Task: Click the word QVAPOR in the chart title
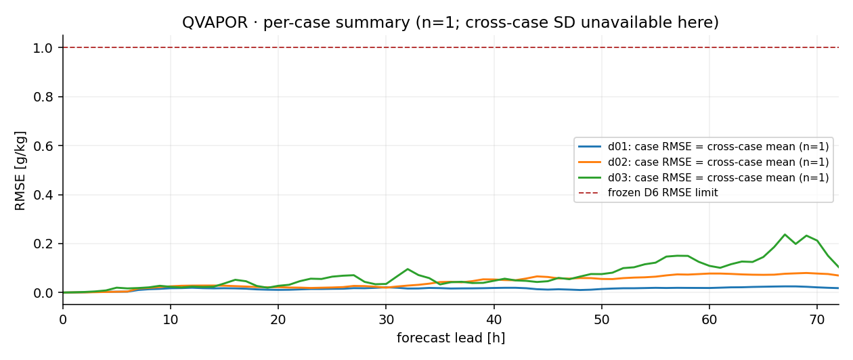tap(215, 22)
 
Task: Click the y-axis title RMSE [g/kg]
tap(20, 171)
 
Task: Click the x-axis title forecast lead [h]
tap(451, 338)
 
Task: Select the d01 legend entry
tap(703, 147)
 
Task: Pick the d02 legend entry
tap(703, 162)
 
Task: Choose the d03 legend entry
tap(703, 178)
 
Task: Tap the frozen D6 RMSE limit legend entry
tap(648, 193)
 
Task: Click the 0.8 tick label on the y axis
tap(43, 97)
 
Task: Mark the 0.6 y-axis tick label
tap(43, 146)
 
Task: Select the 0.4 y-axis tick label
tap(43, 195)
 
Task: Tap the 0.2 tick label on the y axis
tap(43, 244)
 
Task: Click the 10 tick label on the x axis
tap(170, 319)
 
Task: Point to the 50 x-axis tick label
tap(602, 319)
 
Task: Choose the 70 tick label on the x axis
tap(817, 319)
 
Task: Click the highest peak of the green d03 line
tap(785, 234)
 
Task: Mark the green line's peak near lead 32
tap(408, 269)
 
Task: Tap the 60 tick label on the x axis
tap(709, 319)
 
